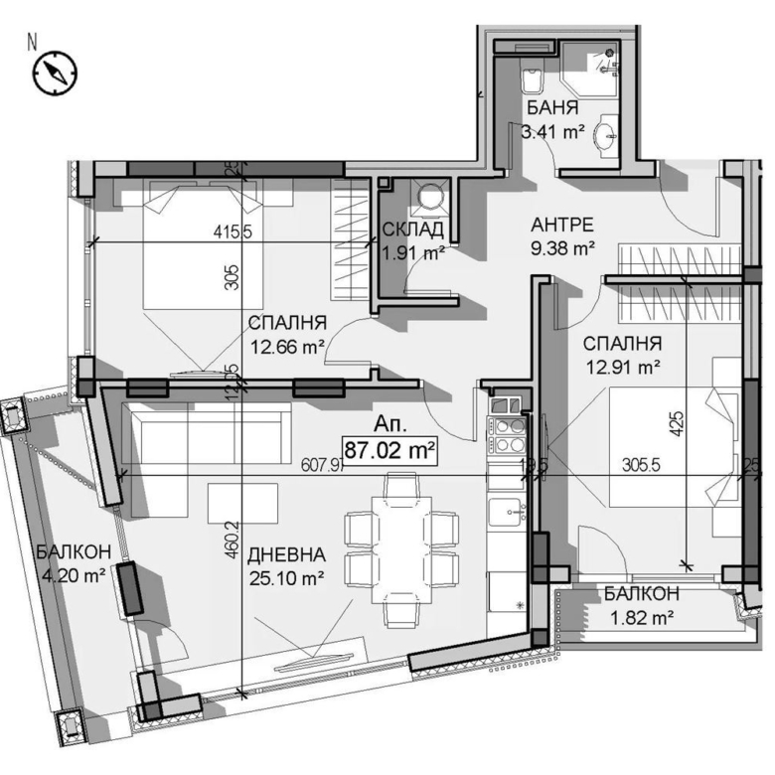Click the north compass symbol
click(x=56, y=72)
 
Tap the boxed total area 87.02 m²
click(x=390, y=449)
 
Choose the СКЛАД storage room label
click(x=412, y=231)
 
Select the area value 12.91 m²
click(x=623, y=367)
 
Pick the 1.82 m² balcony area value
click(x=641, y=616)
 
